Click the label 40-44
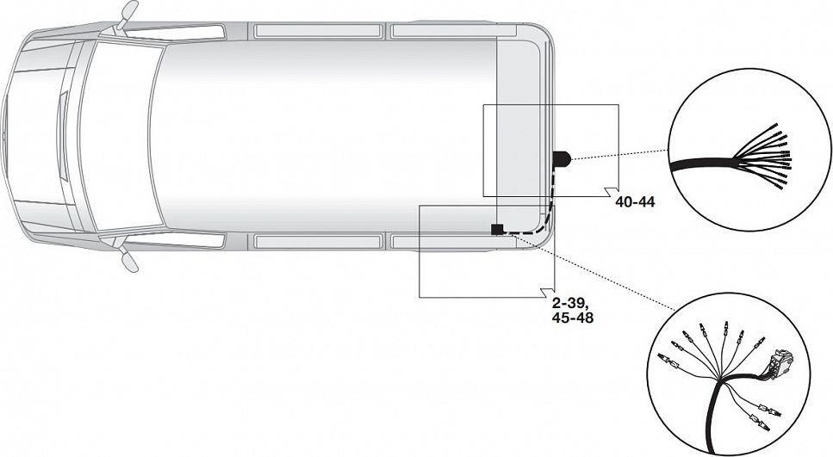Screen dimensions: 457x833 click(x=636, y=202)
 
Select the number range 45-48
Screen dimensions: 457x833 click(x=572, y=318)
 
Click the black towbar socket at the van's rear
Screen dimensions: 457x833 click(x=561, y=159)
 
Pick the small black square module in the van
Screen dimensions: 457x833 click(x=497, y=229)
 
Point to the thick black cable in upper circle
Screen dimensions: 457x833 click(x=702, y=164)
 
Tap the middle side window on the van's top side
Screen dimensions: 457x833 click(x=318, y=30)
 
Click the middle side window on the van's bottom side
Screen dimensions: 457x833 click(x=318, y=242)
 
